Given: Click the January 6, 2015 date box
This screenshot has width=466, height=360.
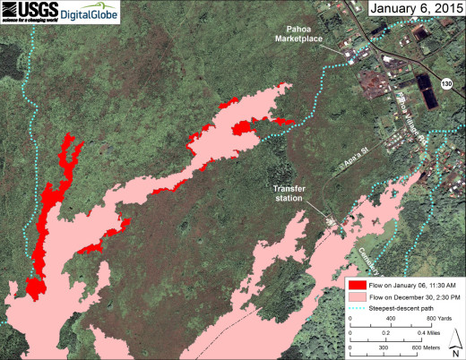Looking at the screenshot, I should tap(414, 10).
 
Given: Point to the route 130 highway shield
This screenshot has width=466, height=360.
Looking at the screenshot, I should tap(445, 83).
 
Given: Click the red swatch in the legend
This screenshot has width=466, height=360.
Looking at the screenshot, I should tap(356, 284).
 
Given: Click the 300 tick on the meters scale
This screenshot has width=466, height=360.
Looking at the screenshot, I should tap(384, 347).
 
